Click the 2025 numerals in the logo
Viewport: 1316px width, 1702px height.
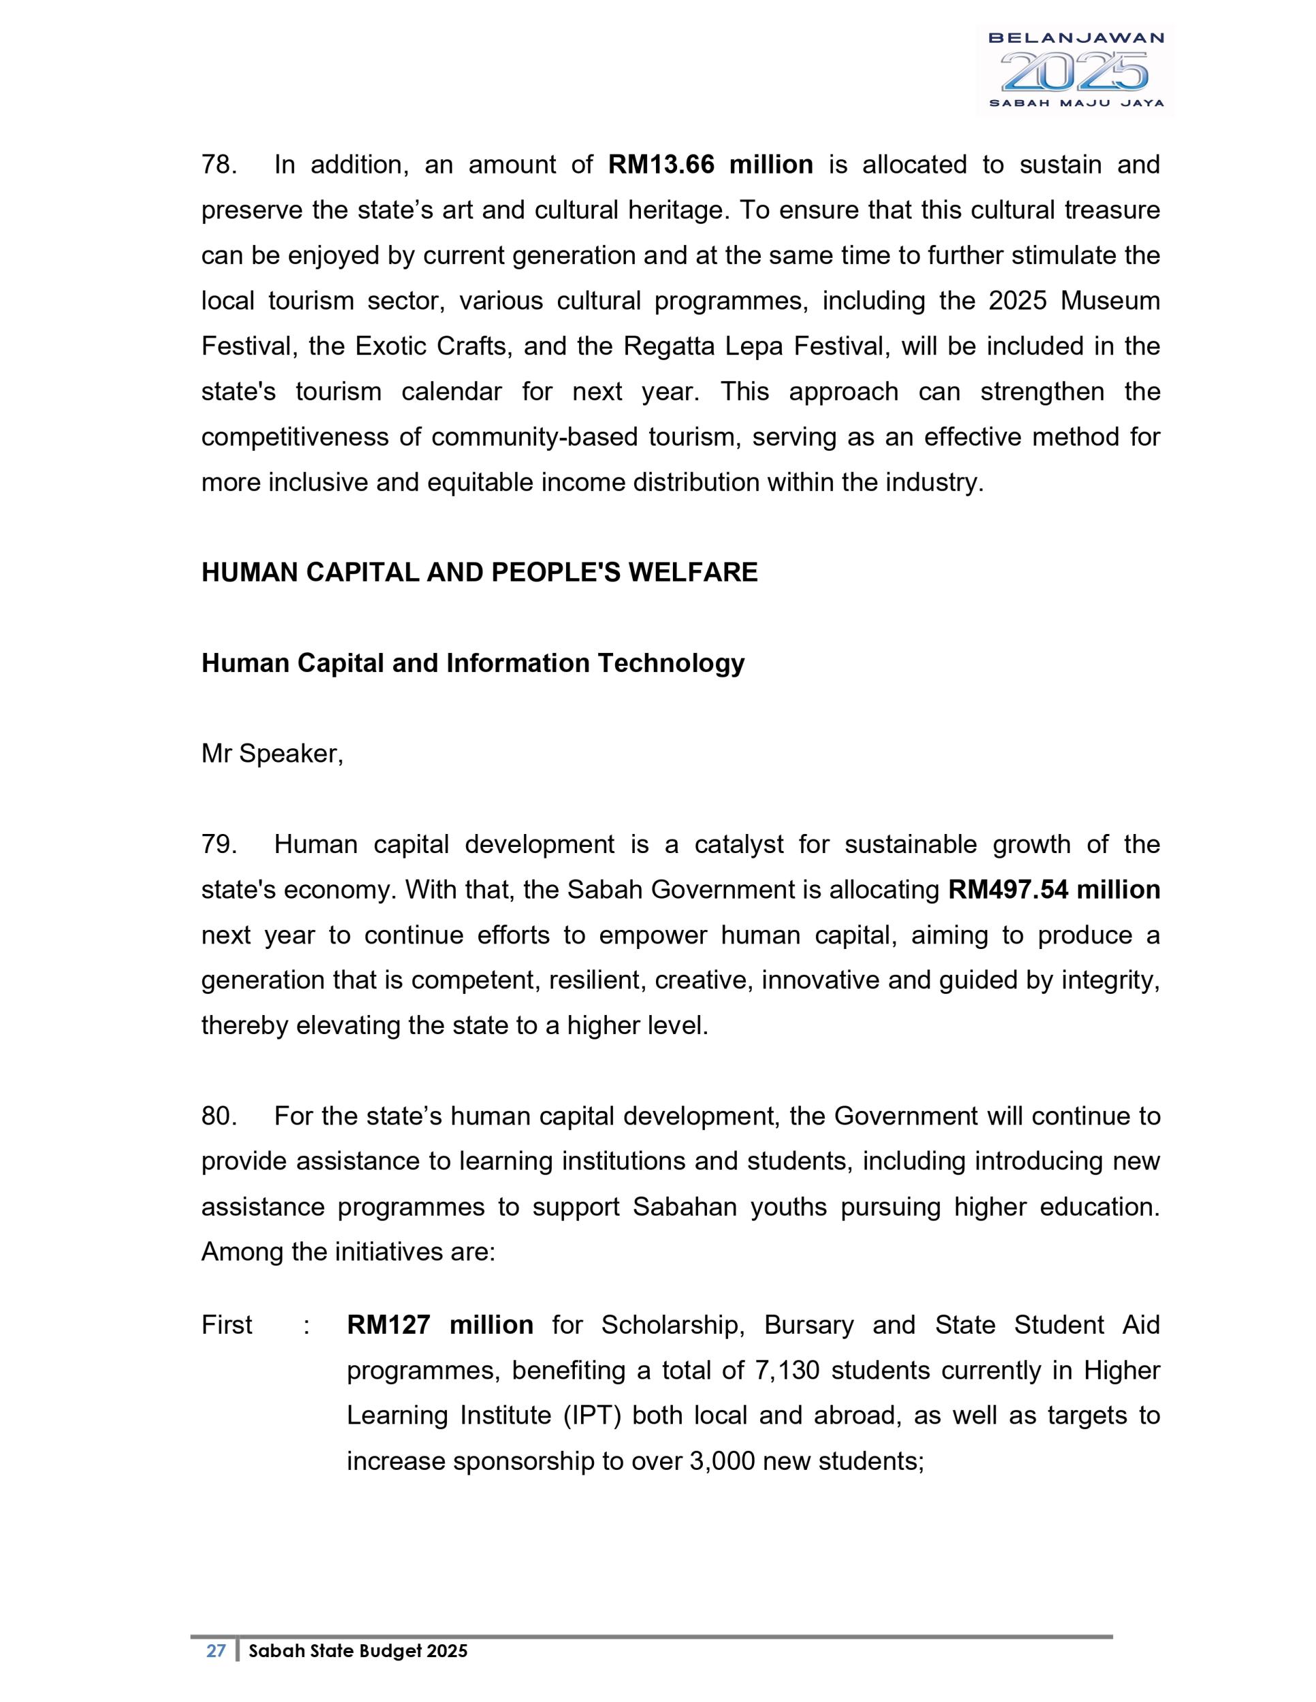coord(1075,71)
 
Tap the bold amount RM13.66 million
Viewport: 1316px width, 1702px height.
coord(710,165)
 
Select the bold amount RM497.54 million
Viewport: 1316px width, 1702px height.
coord(1053,890)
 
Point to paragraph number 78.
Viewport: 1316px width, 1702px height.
coord(218,165)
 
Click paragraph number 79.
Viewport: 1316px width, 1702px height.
coord(218,845)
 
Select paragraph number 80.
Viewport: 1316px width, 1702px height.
coord(218,1117)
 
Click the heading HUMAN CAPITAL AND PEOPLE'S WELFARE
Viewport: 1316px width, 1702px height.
coord(479,573)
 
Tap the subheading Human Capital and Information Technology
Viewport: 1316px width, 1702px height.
coord(473,663)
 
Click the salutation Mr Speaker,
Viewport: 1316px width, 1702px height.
coord(272,754)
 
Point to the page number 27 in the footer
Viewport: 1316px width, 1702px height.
coord(216,1652)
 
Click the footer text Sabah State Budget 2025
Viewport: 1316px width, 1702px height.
coord(358,1652)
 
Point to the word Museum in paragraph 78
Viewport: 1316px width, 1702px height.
coord(1110,302)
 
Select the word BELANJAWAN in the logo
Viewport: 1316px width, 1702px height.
coord(1075,37)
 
